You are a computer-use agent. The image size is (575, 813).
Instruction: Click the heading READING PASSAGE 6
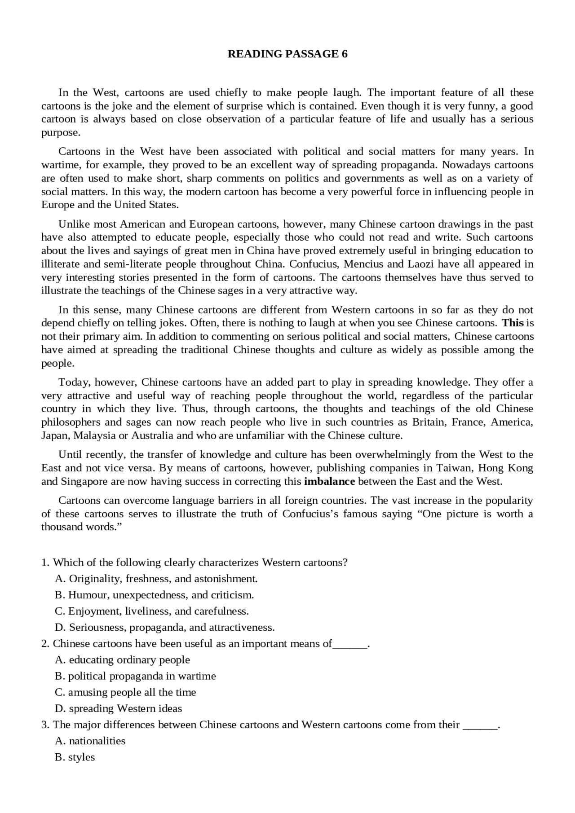pyautogui.click(x=287, y=54)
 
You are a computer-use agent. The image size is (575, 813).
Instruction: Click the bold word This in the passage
pyautogui.click(x=513, y=323)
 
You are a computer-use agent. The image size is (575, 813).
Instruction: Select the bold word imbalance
pyautogui.click(x=329, y=481)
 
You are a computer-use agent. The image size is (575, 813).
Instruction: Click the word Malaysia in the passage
pyautogui.click(x=94, y=435)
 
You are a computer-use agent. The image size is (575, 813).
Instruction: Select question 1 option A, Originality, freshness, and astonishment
pyautogui.click(x=156, y=579)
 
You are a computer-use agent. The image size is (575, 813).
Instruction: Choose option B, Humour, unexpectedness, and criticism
pyautogui.click(x=154, y=595)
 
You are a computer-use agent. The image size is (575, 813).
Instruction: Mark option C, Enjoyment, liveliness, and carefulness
pyautogui.click(x=151, y=611)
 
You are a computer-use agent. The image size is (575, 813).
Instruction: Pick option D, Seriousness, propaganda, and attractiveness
pyautogui.click(x=164, y=627)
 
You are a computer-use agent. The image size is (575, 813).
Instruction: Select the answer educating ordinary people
pyautogui.click(x=122, y=659)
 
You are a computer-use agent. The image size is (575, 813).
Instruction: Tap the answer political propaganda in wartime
pyautogui.click(x=135, y=676)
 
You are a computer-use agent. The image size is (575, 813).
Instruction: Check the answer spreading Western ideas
pyautogui.click(x=118, y=708)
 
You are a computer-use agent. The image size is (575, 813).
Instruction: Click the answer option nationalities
pyautogui.click(x=90, y=740)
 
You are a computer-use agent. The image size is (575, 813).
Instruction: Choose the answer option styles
pyautogui.click(x=75, y=756)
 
